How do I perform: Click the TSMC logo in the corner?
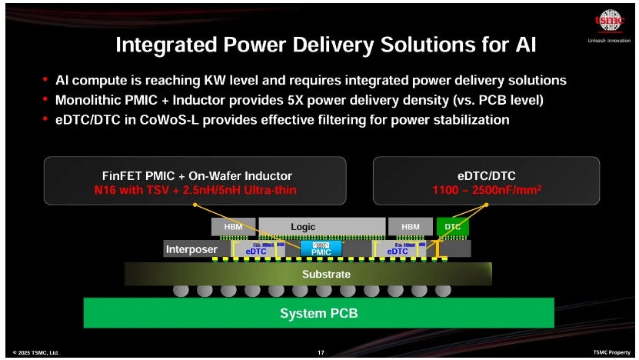609,21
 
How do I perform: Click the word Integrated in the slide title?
165,45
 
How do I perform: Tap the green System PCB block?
318,313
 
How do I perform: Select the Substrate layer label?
327,274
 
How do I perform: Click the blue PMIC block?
321,248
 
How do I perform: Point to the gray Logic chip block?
322,227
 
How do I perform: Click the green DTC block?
452,227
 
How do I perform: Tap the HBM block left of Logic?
234,227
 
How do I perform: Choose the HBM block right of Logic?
411,227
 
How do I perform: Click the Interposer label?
191,249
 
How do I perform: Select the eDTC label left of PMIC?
256,252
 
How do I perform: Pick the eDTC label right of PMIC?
398,252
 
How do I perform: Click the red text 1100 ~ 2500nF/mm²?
487,190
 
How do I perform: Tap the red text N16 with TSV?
131,190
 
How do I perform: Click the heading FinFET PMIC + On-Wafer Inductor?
197,175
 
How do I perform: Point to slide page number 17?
321,352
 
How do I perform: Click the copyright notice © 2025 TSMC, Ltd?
36,352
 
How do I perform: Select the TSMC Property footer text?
611,352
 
